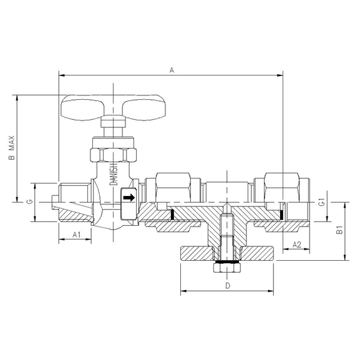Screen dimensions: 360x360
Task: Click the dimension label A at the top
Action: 171,71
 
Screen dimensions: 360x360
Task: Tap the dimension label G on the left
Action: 29,202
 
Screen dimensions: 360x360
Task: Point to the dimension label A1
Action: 75,235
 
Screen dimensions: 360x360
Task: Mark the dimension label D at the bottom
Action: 228,286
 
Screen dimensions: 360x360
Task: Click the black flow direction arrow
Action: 128,198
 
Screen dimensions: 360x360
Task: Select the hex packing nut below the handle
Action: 112,153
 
